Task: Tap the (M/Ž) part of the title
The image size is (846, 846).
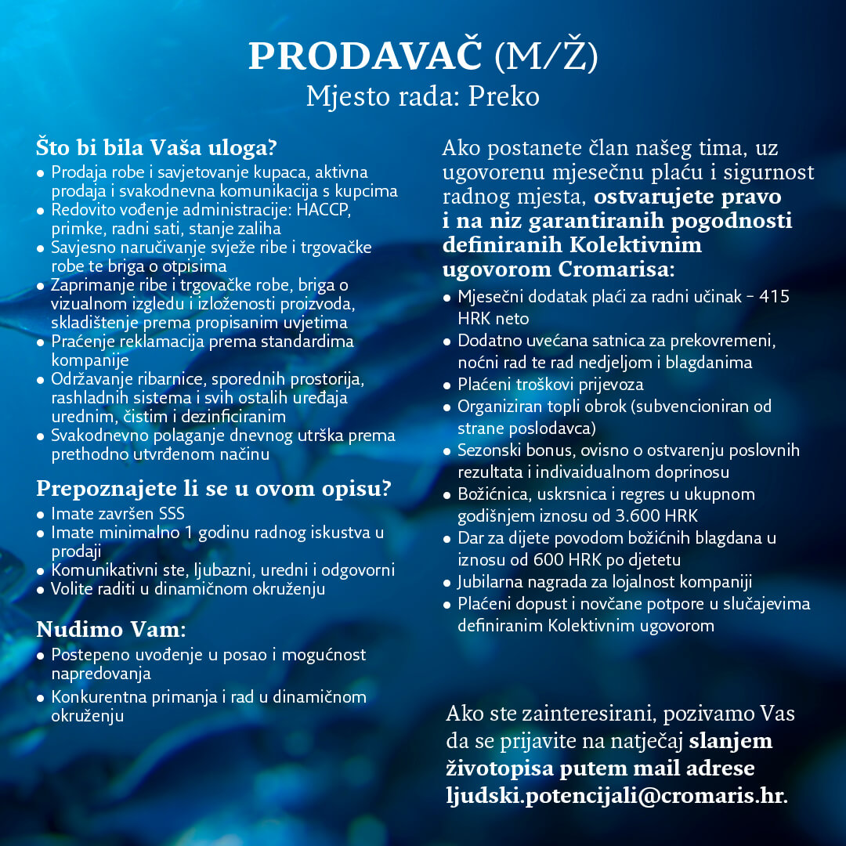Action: (547, 56)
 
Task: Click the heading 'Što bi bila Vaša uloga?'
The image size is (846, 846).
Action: (157, 147)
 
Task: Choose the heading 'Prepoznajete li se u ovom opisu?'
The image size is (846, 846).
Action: (214, 490)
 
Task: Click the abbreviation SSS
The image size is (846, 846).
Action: (172, 515)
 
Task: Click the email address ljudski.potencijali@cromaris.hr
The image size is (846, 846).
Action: (616, 794)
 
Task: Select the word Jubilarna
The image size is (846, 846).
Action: (490, 582)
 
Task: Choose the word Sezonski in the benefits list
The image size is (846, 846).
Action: (487, 450)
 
